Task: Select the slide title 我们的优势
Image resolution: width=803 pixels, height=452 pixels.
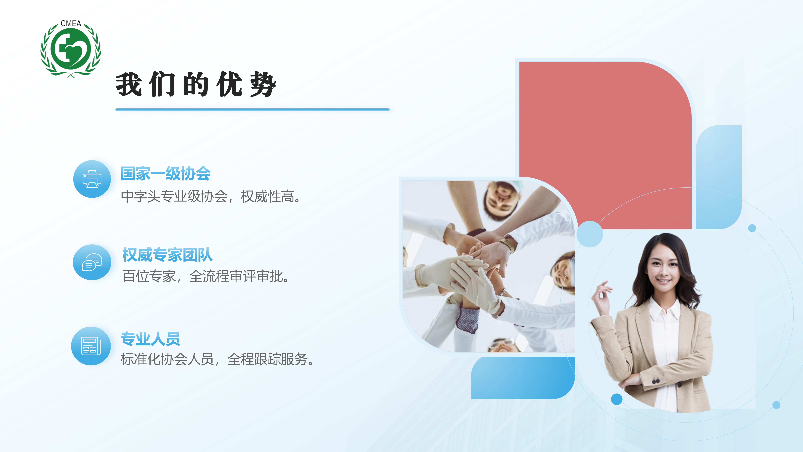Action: [196, 84]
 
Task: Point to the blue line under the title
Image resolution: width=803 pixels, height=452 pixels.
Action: [253, 110]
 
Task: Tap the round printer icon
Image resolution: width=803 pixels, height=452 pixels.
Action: [92, 179]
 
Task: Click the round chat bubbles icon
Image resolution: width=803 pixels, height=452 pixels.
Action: [92, 262]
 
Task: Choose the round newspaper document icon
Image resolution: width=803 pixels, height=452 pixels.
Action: [91, 346]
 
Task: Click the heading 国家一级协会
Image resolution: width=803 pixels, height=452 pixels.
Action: [165, 173]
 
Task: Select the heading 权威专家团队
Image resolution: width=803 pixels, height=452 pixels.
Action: [167, 255]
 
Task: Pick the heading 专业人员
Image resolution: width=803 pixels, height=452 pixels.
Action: [150, 339]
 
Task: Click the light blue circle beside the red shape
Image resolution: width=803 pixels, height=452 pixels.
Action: [590, 234]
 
